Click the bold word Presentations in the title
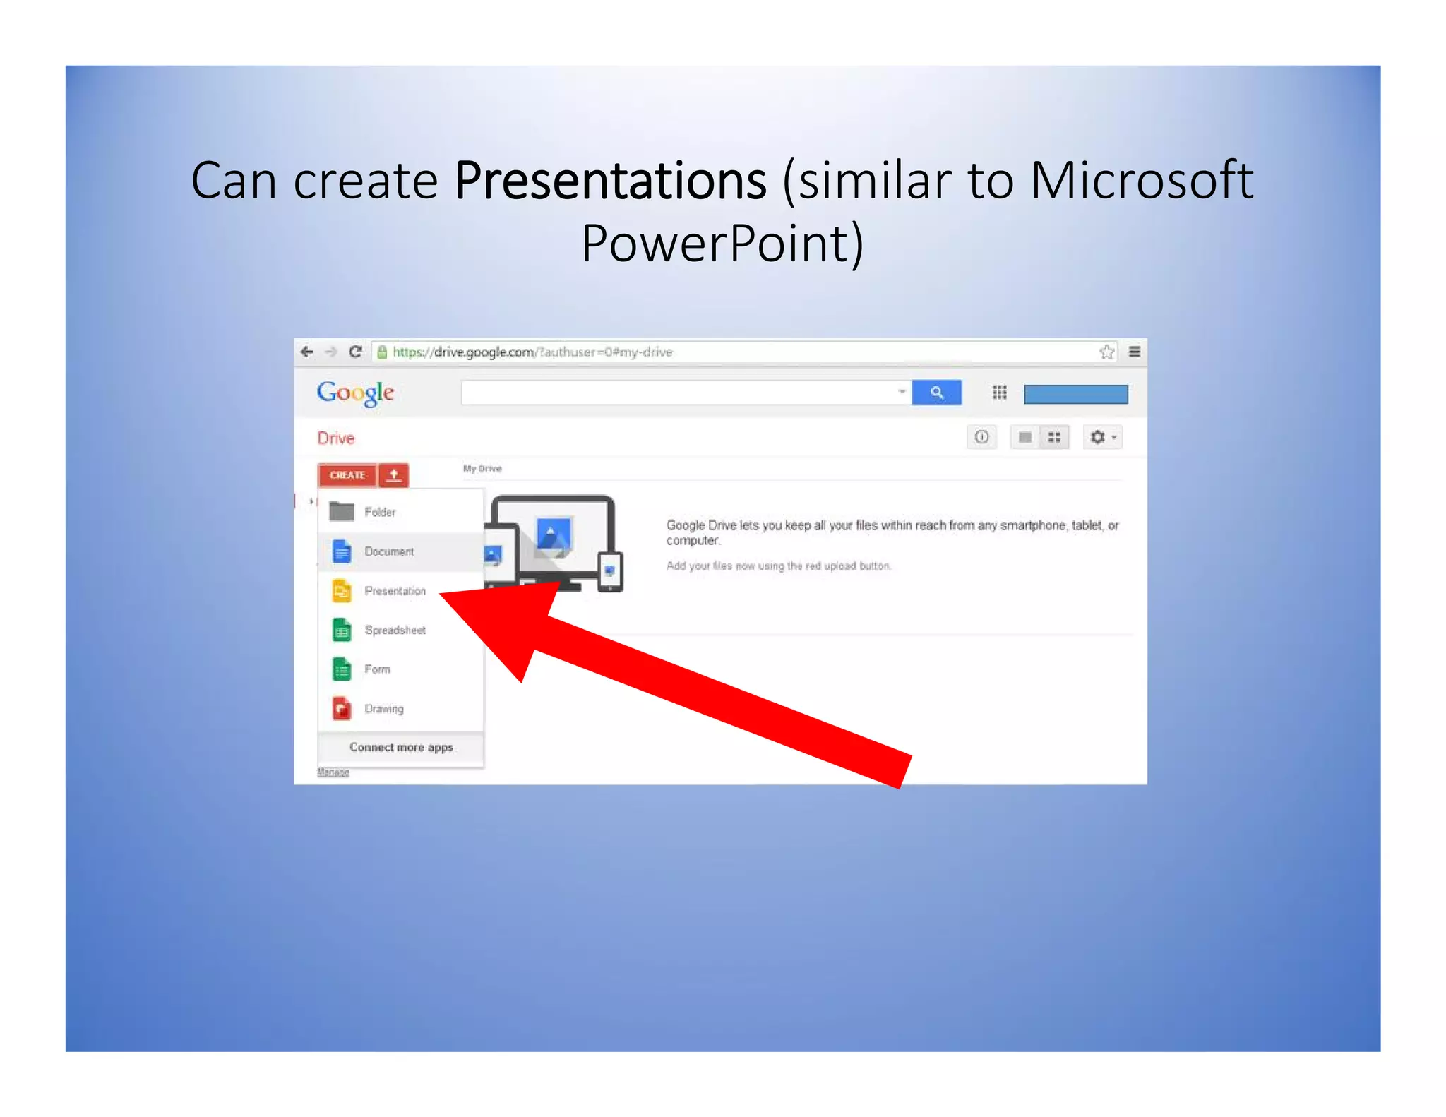(x=610, y=181)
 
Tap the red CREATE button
(x=347, y=475)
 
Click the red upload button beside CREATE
(x=394, y=475)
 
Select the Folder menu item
(x=380, y=512)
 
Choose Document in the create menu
(x=389, y=551)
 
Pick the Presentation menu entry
(x=395, y=591)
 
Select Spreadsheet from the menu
(x=395, y=630)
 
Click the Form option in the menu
(x=377, y=669)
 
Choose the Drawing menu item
(x=384, y=709)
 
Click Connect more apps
(x=401, y=748)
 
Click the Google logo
(x=355, y=393)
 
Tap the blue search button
(x=936, y=393)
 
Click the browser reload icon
(x=355, y=352)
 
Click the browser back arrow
(x=307, y=352)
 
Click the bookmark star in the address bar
(x=1106, y=352)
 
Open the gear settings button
(x=1101, y=438)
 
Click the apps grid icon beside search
(x=999, y=393)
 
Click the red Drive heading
(x=336, y=438)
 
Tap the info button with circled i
(x=981, y=438)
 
